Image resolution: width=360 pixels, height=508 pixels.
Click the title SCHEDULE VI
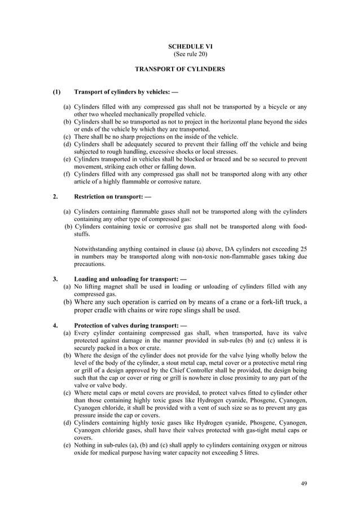pyautogui.click(x=179, y=46)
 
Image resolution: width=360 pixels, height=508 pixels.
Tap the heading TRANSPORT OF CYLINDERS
pyautogui.click(x=179, y=69)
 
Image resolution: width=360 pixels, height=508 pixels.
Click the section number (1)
pyautogui.click(x=56, y=92)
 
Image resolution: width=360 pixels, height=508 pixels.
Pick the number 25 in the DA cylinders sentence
pyautogui.click(x=304, y=249)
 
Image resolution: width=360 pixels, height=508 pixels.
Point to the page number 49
pyautogui.click(x=304, y=483)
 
